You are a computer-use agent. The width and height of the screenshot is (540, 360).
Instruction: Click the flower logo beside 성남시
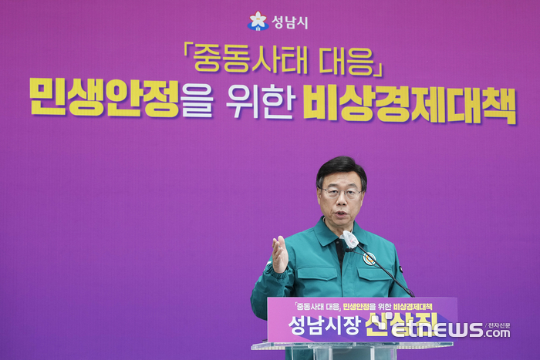point(258,22)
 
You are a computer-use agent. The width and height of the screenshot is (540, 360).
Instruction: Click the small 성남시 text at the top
point(289,22)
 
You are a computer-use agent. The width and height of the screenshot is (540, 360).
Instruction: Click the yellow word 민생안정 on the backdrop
point(104,97)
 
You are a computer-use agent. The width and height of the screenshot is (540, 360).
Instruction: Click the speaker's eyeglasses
point(340,192)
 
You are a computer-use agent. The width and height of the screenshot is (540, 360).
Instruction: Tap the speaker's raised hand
point(279,254)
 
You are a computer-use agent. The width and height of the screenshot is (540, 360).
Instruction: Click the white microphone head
point(350,240)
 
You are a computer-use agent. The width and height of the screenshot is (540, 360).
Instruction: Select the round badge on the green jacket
point(370,259)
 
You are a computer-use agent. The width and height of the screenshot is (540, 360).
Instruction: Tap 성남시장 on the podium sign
point(314,326)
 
